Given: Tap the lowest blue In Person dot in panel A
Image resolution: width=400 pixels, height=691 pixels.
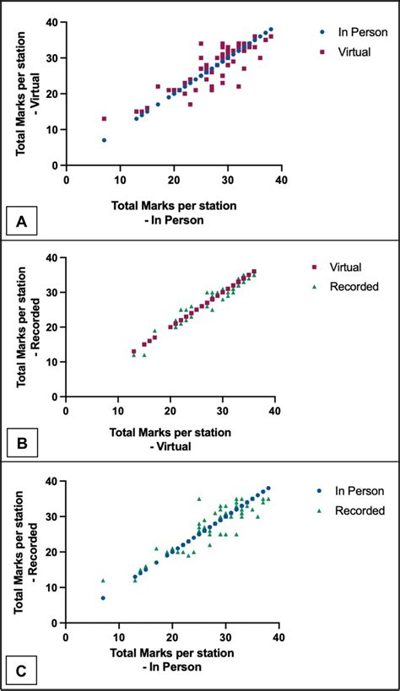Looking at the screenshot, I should (x=104, y=140).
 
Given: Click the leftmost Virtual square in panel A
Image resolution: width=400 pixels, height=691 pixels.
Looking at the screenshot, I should (x=104, y=119).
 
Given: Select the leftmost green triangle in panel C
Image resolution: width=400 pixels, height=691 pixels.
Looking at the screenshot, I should (x=103, y=580).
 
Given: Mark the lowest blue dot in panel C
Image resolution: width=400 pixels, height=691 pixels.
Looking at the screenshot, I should (x=103, y=598).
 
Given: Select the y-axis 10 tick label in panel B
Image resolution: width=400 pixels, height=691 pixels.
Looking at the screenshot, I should (x=52, y=362).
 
